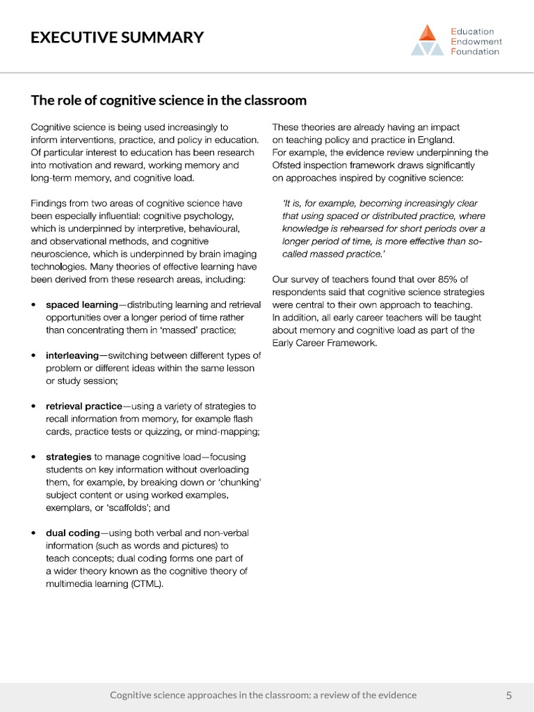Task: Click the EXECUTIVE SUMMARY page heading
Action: click(117, 38)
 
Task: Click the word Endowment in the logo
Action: click(477, 42)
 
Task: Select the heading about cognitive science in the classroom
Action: click(168, 100)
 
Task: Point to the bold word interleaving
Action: click(72, 355)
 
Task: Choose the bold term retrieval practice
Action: click(83, 406)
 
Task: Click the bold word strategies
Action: click(68, 457)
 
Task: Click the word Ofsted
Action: click(286, 165)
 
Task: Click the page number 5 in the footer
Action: click(509, 695)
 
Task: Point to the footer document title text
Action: click(264, 695)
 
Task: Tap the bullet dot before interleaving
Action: click(35, 356)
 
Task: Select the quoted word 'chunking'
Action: click(239, 483)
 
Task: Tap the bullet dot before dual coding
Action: click(35, 533)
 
